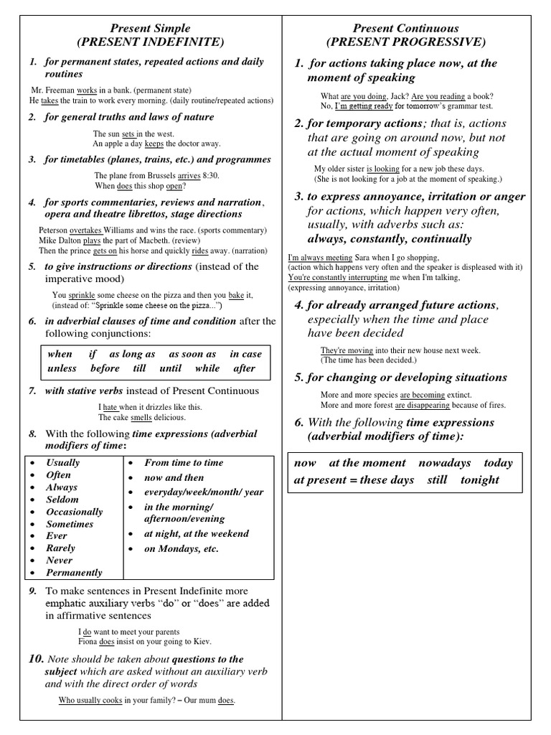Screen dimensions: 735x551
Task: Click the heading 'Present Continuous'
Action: coord(405,28)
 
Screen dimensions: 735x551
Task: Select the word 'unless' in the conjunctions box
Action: coord(62,368)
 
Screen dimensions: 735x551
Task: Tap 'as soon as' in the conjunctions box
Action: coord(192,354)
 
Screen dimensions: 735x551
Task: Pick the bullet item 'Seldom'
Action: coord(62,500)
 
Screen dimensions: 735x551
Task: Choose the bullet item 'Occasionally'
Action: coord(75,512)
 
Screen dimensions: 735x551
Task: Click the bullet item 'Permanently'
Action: coord(74,573)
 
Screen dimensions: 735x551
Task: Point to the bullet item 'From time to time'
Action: coord(184,463)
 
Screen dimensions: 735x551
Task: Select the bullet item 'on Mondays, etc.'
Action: coord(182,549)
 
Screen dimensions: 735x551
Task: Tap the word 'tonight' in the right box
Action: coord(480,479)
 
